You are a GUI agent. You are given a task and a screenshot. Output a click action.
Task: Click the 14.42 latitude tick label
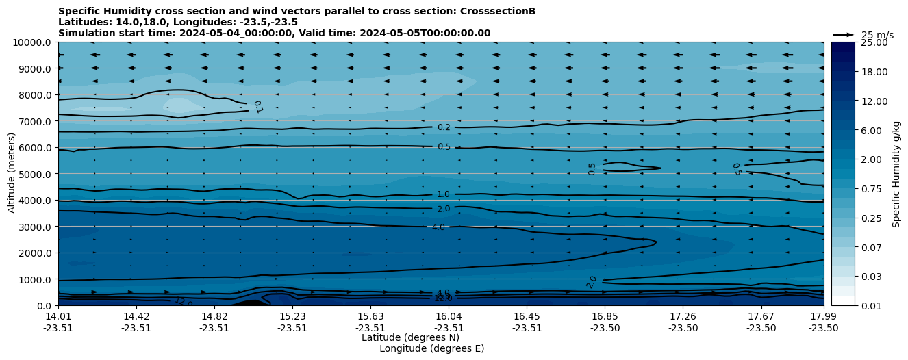pos(136,316)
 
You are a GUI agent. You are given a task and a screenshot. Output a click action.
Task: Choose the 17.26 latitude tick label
pos(683,316)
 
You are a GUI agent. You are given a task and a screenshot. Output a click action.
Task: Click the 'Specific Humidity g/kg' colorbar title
pos(896,174)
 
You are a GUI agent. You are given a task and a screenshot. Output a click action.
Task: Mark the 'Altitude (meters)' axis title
pos(12,174)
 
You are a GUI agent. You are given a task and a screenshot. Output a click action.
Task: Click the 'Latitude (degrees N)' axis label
pos(410,337)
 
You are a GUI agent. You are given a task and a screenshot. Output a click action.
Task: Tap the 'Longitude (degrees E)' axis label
pos(431,348)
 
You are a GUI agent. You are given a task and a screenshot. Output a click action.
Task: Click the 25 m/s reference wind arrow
pos(844,35)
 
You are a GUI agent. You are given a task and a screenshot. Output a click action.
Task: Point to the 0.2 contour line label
pos(444,127)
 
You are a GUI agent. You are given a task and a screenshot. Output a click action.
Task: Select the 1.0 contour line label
pos(443,194)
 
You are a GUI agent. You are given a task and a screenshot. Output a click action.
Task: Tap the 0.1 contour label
pos(257,106)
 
